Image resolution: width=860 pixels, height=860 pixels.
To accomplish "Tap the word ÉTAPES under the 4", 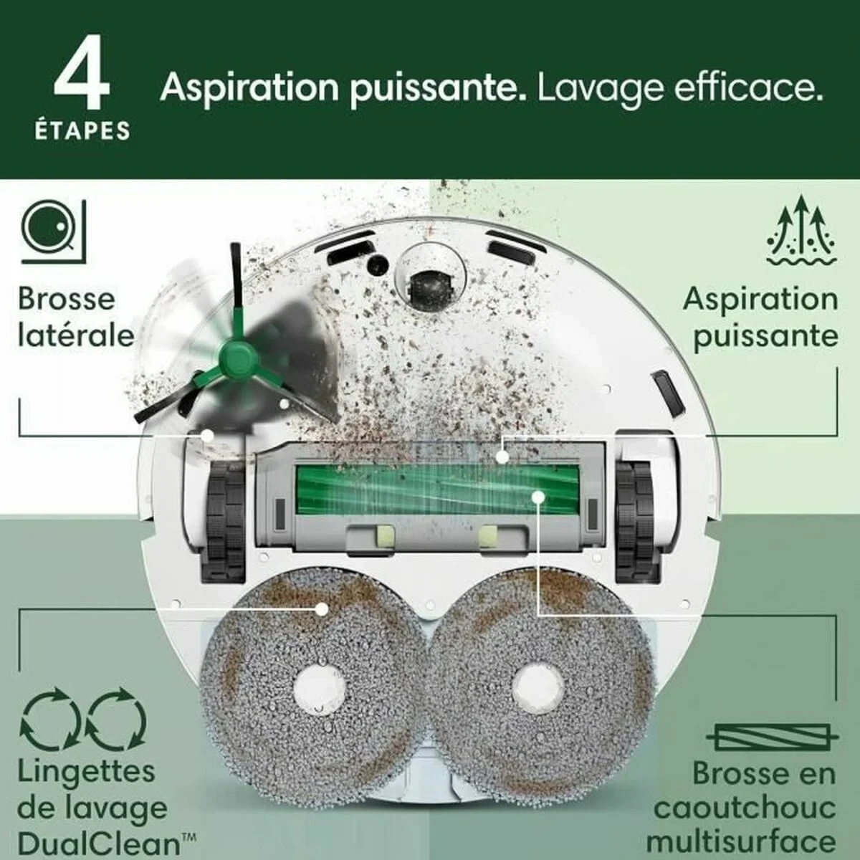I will tap(82, 131).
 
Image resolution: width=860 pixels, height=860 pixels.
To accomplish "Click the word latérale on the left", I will tap(76, 335).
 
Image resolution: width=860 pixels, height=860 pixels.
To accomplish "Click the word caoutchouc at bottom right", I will tap(745, 808).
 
